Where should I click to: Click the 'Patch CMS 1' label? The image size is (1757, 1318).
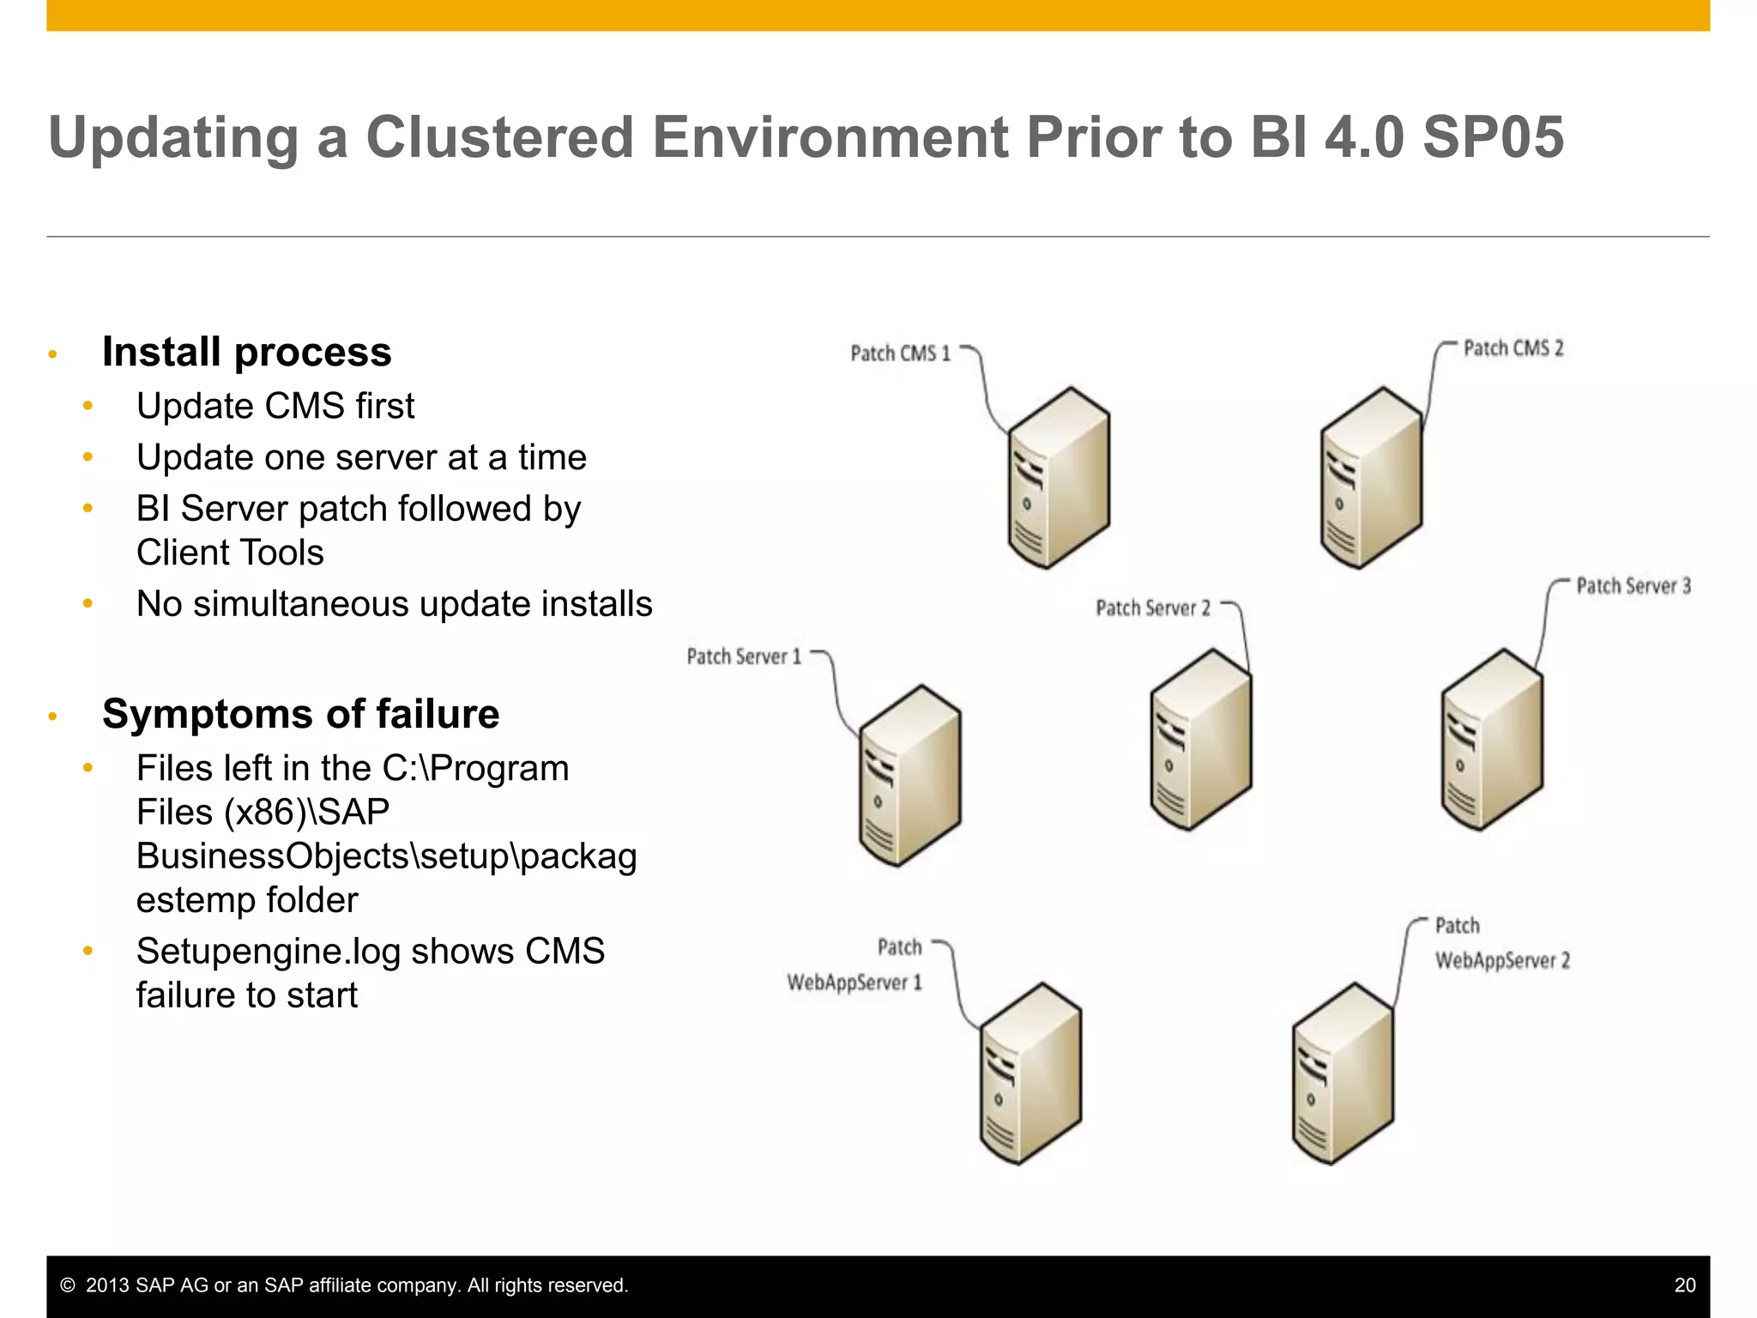pos(900,354)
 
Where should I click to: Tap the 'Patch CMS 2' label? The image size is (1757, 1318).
pos(1513,348)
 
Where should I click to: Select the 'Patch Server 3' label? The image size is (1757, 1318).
pos(1633,586)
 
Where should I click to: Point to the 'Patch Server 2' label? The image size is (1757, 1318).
pos(1152,608)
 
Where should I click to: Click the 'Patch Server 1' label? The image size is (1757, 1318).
pos(743,657)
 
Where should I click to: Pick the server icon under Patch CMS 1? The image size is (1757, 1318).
pos(1059,478)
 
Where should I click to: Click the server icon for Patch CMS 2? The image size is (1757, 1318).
pos(1371,478)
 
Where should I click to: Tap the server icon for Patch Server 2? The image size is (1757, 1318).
pos(1200,740)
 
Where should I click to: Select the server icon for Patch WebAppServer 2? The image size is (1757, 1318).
pos(1343,1074)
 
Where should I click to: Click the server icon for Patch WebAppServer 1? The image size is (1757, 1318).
pos(1030,1074)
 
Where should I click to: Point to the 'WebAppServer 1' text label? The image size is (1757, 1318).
pos(854,982)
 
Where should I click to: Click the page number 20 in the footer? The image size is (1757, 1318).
pos(1684,1285)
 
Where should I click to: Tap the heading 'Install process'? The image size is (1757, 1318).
pos(246,352)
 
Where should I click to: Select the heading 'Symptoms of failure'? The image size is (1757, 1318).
pos(300,714)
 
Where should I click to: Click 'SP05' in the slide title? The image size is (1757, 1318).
pos(1493,137)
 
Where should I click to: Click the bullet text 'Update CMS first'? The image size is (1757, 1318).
pos(275,406)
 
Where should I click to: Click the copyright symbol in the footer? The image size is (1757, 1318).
pos(68,1285)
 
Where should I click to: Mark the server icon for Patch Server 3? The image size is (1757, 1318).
pos(1492,740)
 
